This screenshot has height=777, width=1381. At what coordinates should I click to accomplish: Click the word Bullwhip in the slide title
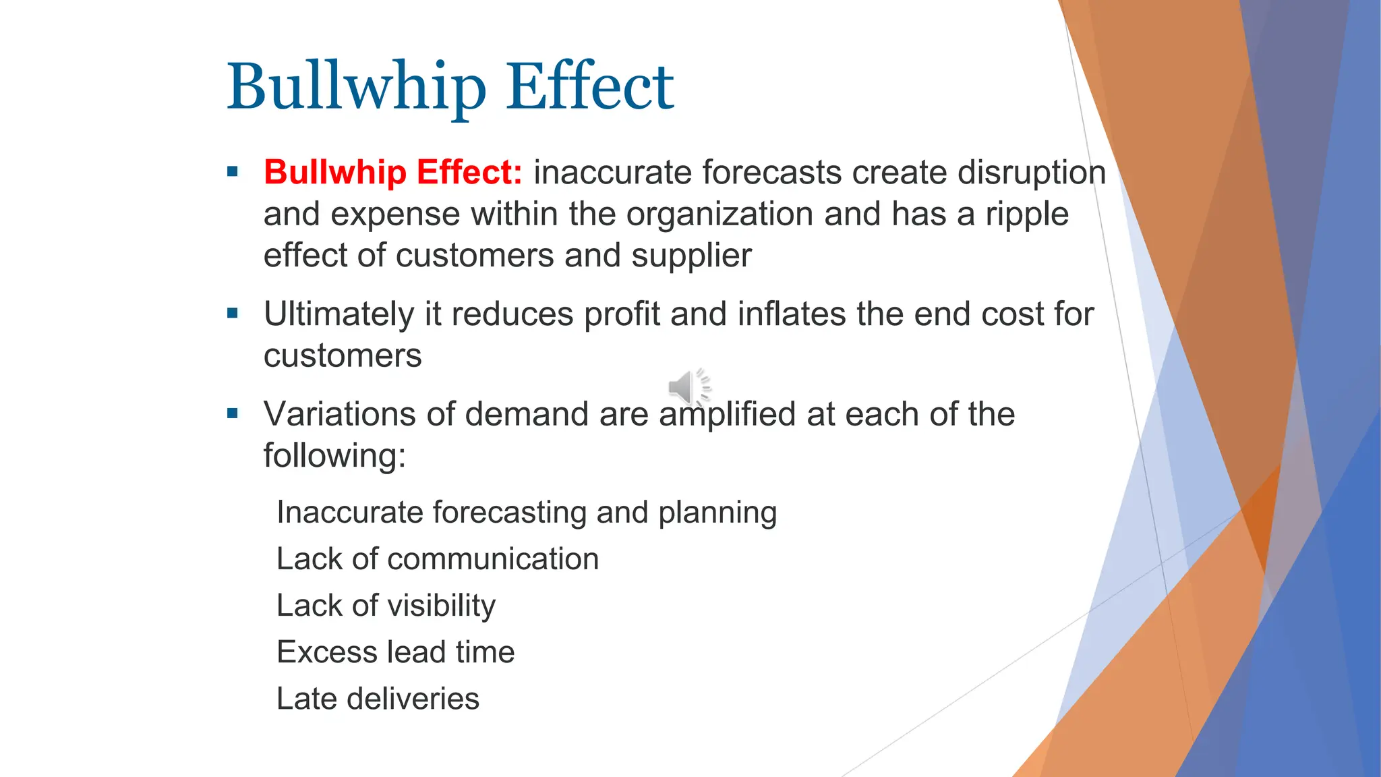(356, 88)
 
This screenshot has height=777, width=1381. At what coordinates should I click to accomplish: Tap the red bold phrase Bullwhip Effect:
(393, 172)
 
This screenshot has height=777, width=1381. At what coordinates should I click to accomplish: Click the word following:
(334, 456)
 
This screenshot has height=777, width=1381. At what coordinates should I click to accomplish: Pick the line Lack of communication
(438, 559)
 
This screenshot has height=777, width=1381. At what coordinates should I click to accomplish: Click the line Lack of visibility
(386, 606)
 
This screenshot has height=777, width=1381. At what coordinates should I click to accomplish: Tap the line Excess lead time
(395, 652)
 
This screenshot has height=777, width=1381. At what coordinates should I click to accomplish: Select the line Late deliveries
(378, 699)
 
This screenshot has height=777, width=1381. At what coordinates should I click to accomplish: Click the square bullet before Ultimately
(233, 313)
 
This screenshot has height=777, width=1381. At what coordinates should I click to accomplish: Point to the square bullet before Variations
(233, 413)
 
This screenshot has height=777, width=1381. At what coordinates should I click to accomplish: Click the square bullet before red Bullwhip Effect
(233, 171)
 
